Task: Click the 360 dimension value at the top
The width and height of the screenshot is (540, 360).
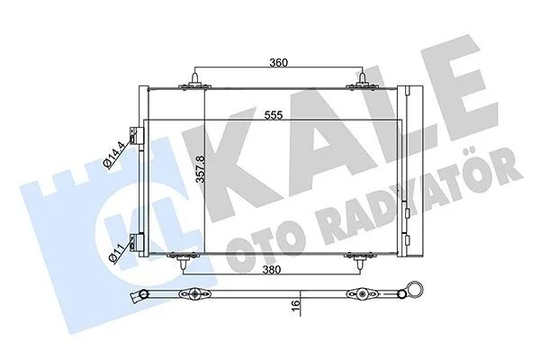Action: pyautogui.click(x=278, y=62)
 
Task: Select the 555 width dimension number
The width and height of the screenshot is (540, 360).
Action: pyautogui.click(x=274, y=115)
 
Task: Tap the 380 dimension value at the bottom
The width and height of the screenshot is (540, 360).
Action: pyautogui.click(x=272, y=269)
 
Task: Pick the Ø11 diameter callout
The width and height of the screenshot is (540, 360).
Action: pyautogui.click(x=116, y=253)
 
